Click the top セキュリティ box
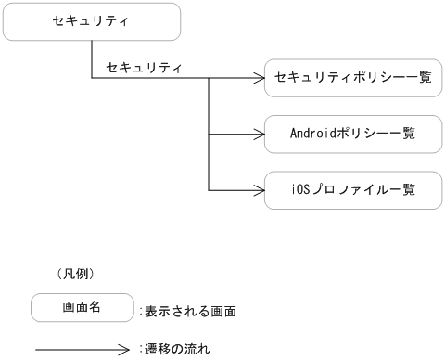[89, 22]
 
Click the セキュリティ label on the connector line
[144, 68]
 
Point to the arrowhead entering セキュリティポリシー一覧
[260, 79]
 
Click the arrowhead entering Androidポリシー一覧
[260, 135]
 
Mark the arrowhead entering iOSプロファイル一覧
[260, 190]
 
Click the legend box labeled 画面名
[81, 306]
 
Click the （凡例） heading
[77, 275]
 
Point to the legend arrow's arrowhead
[130, 351]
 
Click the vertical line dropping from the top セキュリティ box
[91, 59]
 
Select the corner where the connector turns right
[91, 79]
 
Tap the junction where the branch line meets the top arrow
[210, 79]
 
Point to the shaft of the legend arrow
[79, 351]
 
